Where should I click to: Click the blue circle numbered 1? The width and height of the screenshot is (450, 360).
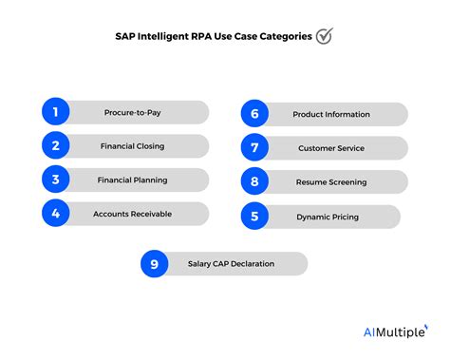(x=57, y=112)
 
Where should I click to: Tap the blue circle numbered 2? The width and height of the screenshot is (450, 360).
(x=57, y=146)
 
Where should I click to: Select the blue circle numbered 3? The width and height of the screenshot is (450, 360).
(x=57, y=180)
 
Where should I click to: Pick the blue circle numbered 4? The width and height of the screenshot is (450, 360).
(x=57, y=214)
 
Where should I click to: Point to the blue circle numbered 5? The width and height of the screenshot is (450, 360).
(x=255, y=217)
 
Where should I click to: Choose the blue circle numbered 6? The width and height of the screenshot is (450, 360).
(x=255, y=114)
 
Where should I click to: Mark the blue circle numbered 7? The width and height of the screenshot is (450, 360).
(x=255, y=148)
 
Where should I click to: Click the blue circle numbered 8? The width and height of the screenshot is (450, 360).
(x=255, y=181)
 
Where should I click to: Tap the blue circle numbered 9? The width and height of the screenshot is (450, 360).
(x=155, y=263)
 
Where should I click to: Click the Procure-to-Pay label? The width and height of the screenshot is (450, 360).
(x=132, y=112)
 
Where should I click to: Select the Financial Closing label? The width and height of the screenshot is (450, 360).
(x=132, y=146)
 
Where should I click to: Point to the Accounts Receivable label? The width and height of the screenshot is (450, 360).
(x=132, y=214)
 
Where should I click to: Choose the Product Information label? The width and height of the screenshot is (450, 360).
(x=330, y=114)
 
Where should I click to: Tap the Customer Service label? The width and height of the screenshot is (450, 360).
(x=330, y=148)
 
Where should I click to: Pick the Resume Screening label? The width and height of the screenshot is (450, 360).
(x=330, y=181)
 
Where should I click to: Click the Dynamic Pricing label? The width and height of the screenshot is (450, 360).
(x=328, y=217)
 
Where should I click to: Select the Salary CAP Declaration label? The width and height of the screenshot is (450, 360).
(x=231, y=263)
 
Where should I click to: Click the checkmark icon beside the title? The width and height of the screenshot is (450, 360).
(x=325, y=36)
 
